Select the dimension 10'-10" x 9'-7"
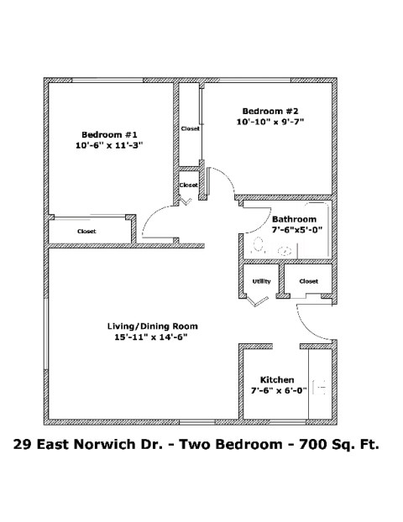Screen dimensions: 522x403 click(x=270, y=123)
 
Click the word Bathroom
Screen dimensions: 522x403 click(x=294, y=219)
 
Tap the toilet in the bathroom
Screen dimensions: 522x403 click(x=259, y=246)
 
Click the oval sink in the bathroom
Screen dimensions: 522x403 click(x=285, y=248)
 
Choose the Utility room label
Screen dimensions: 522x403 click(x=261, y=281)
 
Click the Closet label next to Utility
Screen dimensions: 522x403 click(x=308, y=281)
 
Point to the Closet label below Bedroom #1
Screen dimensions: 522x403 click(x=86, y=231)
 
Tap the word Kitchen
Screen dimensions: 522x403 click(x=276, y=379)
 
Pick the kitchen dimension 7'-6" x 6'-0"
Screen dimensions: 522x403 click(x=276, y=390)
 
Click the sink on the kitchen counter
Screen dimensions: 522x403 click(x=320, y=387)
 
